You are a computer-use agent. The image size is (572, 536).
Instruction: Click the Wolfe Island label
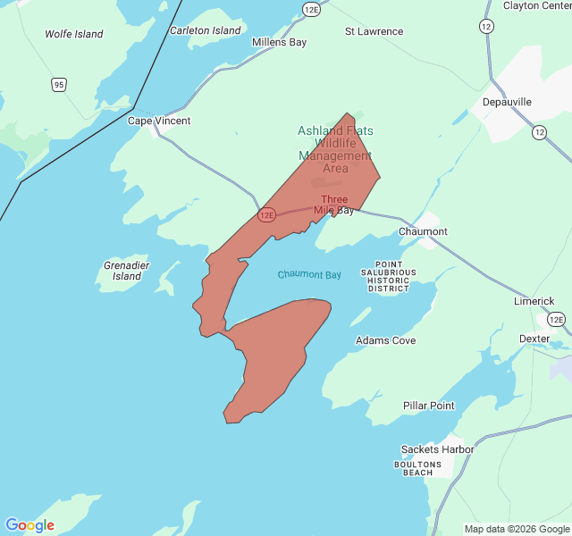pyautogui.click(x=74, y=34)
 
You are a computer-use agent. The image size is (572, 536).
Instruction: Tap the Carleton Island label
pyautogui.click(x=206, y=30)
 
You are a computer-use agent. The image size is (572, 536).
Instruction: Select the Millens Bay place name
pyautogui.click(x=279, y=42)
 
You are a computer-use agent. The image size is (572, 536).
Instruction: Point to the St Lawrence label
pyautogui.click(x=374, y=31)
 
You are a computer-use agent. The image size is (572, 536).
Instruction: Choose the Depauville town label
pyautogui.click(x=507, y=102)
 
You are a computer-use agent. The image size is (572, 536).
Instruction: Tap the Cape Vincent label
pyautogui.click(x=159, y=121)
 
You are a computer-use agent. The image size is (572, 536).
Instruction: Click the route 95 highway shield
pyautogui.click(x=58, y=85)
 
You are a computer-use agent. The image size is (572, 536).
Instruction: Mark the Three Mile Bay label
pyautogui.click(x=334, y=205)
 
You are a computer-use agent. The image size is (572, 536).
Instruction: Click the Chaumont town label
pyautogui.click(x=423, y=231)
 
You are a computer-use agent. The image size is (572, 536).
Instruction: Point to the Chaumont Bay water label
pyautogui.click(x=309, y=274)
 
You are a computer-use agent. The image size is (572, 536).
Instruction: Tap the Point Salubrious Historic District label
pyautogui.click(x=389, y=277)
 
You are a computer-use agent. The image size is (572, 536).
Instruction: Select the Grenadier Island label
pyautogui.click(x=127, y=271)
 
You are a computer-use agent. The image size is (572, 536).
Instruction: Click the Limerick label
pyautogui.click(x=534, y=301)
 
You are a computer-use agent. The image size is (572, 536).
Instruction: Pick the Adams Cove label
pyautogui.click(x=385, y=340)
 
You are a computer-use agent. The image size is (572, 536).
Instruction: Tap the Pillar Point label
pyautogui.click(x=428, y=406)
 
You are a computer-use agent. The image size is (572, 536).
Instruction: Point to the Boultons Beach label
pyautogui.click(x=417, y=468)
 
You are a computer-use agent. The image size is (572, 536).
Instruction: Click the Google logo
pyautogui.click(x=29, y=525)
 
